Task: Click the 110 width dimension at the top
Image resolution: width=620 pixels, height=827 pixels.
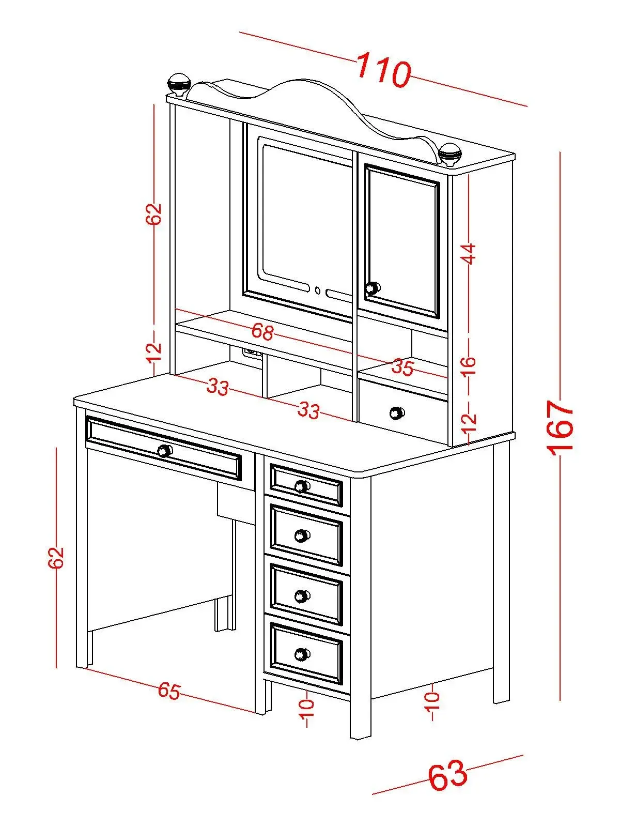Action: coord(383,69)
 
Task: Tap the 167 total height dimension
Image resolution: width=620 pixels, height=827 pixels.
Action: coord(562,427)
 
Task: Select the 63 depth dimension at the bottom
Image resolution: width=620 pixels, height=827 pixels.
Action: coord(447,775)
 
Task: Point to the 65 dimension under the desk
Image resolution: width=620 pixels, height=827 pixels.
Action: coord(169,691)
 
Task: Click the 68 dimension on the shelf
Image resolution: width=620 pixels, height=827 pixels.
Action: coord(262,332)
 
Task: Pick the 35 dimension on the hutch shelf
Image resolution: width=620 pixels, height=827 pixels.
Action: coord(402,367)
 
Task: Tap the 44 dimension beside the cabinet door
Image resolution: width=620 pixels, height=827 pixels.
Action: coord(468,253)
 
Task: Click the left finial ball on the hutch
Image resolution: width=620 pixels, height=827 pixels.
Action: coord(179,83)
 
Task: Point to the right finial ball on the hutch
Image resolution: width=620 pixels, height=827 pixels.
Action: coord(450,152)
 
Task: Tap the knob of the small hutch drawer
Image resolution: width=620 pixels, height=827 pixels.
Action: coord(397,412)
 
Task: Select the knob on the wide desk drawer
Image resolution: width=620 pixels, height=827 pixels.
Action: coord(164,450)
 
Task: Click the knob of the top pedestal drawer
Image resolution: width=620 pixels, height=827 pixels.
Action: coord(302,486)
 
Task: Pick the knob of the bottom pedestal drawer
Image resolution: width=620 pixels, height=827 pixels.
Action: coord(302,655)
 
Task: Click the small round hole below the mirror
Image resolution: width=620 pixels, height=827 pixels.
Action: coord(318,290)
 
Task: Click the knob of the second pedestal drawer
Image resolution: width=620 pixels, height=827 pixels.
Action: coord(302,535)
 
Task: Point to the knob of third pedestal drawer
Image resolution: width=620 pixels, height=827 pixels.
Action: coord(302,596)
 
